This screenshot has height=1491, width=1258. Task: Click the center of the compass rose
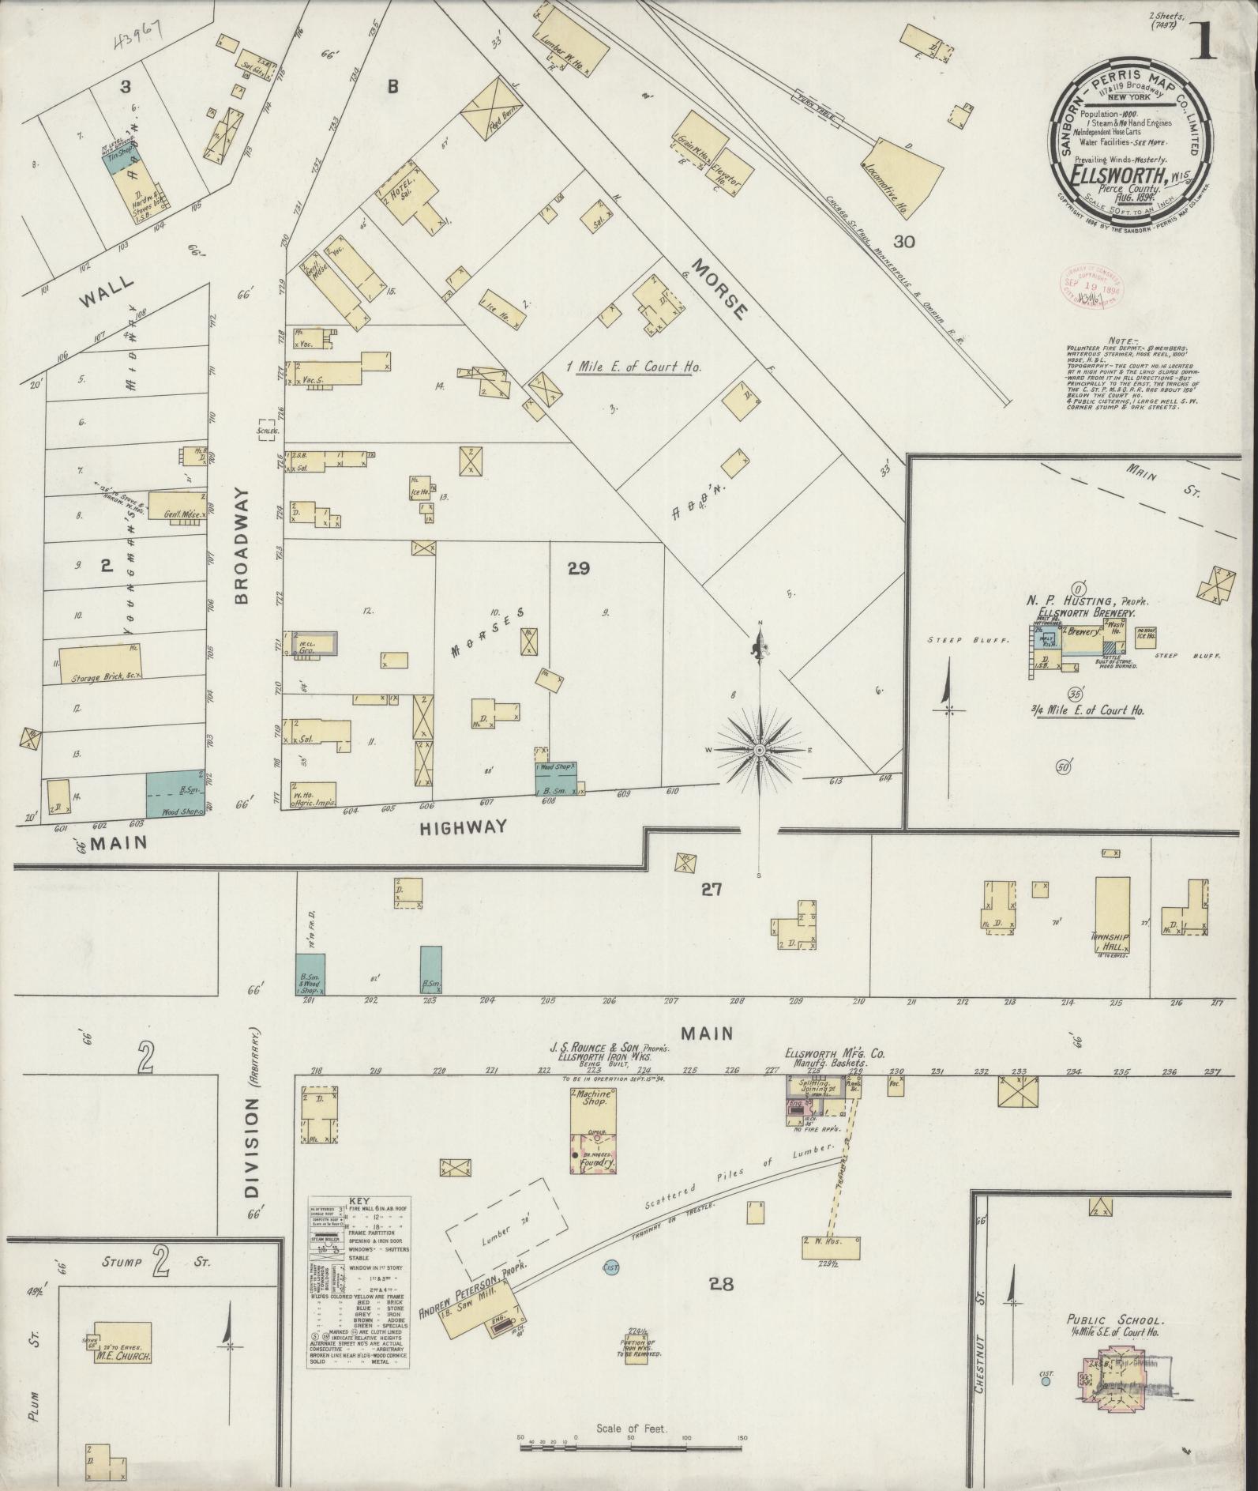pos(759,749)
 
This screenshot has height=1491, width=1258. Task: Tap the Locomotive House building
pos(908,175)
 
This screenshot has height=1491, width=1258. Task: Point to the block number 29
pos(578,567)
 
